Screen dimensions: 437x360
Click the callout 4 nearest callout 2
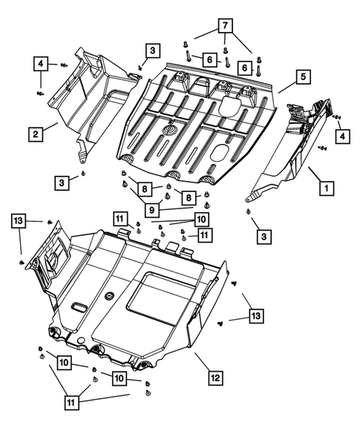click(x=42, y=64)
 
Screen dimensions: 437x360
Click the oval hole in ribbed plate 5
click(x=222, y=152)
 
